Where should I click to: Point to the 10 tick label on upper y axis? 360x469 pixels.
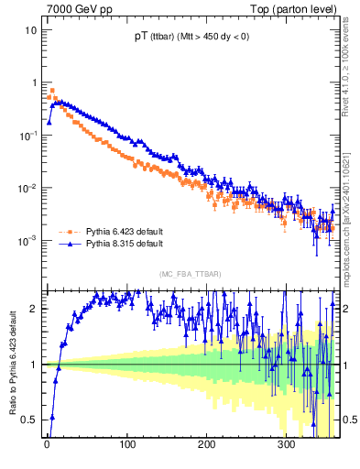point(31,29)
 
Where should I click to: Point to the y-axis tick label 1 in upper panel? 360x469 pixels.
point(34,82)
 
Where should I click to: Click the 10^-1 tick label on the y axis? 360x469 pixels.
point(27,135)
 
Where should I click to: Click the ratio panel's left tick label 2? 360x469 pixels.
point(34,309)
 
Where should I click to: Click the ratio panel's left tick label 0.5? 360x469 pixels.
point(30,420)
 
